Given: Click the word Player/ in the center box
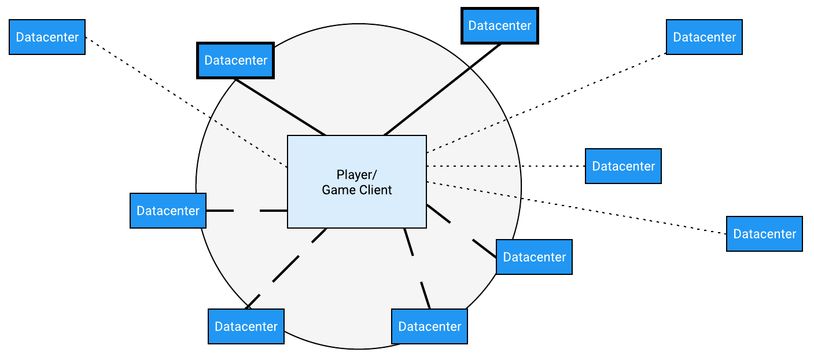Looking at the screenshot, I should click(x=356, y=174).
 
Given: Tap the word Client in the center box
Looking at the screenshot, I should click(x=374, y=190).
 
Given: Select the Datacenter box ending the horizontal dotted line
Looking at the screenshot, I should click(x=623, y=166).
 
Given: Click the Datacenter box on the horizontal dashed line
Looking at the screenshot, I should click(x=168, y=211).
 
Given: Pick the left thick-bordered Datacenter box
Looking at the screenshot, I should click(x=235, y=60).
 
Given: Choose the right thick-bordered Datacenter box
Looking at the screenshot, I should click(x=499, y=25).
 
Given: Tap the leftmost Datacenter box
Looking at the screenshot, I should click(x=47, y=37).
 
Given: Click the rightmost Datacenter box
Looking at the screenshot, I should click(x=764, y=234).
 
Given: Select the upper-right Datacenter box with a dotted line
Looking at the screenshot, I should click(x=704, y=37).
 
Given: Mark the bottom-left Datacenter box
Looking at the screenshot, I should click(x=246, y=326).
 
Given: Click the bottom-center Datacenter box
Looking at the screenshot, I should click(x=429, y=326).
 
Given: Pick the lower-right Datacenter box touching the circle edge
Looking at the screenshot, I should click(x=534, y=257).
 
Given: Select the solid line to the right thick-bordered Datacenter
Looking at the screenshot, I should click(x=443, y=89).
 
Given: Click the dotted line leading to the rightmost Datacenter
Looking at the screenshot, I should click(x=579, y=208).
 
